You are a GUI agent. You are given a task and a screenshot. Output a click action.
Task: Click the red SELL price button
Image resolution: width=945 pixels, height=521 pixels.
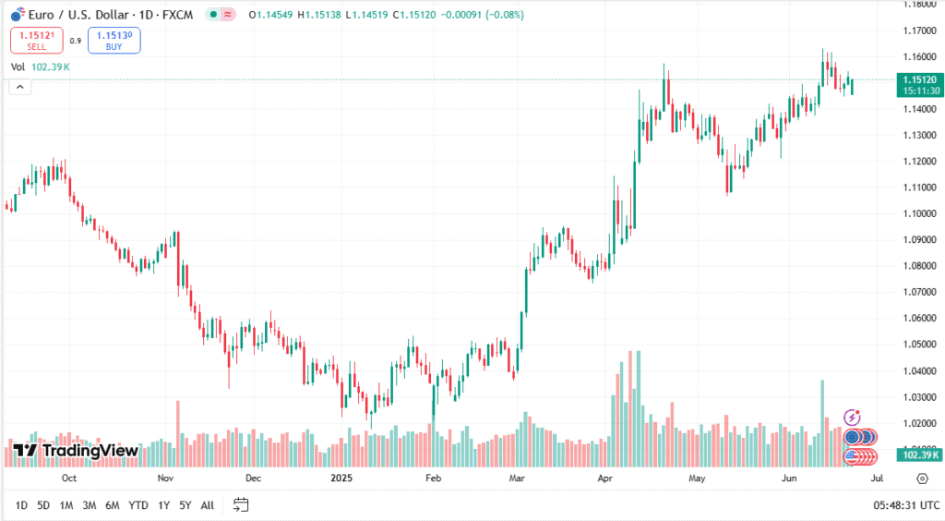point(37,40)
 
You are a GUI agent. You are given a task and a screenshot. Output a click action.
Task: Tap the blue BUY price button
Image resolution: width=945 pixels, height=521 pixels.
point(114,40)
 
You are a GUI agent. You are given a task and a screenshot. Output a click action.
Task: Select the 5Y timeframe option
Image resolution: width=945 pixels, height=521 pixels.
point(185,505)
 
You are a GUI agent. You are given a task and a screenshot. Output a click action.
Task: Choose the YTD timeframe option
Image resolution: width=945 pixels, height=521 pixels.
point(138,505)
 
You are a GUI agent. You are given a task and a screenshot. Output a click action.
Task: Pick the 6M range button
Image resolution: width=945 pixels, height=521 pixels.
point(112,505)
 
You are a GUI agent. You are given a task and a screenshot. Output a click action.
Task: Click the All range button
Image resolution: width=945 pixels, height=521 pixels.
point(208,505)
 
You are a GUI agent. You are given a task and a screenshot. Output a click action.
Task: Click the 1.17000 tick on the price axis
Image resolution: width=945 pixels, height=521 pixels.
point(919,30)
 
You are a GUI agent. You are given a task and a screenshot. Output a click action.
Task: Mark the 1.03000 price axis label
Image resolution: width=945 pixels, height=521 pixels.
point(919,397)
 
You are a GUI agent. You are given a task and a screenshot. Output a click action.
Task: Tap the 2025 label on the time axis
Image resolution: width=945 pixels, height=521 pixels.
point(341,479)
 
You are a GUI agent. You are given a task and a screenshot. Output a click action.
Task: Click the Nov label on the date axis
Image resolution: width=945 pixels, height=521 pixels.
point(165,479)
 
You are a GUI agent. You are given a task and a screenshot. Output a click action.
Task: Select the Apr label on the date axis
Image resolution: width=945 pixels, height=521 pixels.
point(605,479)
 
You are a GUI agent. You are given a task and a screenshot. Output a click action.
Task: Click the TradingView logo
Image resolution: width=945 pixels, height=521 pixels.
point(76,451)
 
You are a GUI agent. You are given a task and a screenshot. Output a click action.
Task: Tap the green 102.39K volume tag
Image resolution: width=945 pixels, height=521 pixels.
point(920,454)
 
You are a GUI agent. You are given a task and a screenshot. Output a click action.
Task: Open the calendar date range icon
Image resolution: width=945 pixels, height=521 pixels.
point(242,504)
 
